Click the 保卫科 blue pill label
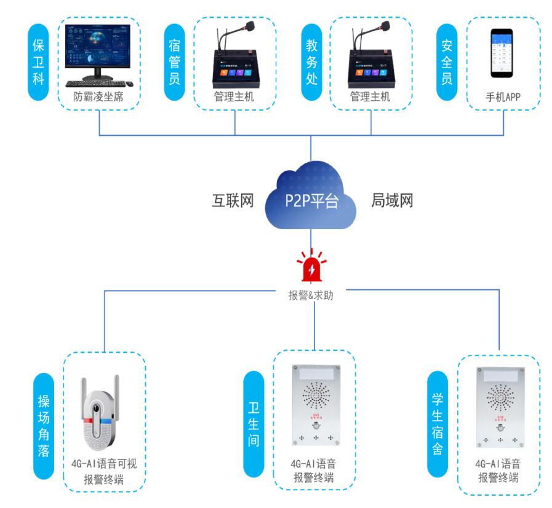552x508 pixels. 38,63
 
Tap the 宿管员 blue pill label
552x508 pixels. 174,63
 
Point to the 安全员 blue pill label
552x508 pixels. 446,63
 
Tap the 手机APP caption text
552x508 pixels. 503,97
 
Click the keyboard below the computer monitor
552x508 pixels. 92,84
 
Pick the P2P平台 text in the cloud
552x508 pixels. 311,201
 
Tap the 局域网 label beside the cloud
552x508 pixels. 392,201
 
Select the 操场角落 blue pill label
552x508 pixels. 44,424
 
